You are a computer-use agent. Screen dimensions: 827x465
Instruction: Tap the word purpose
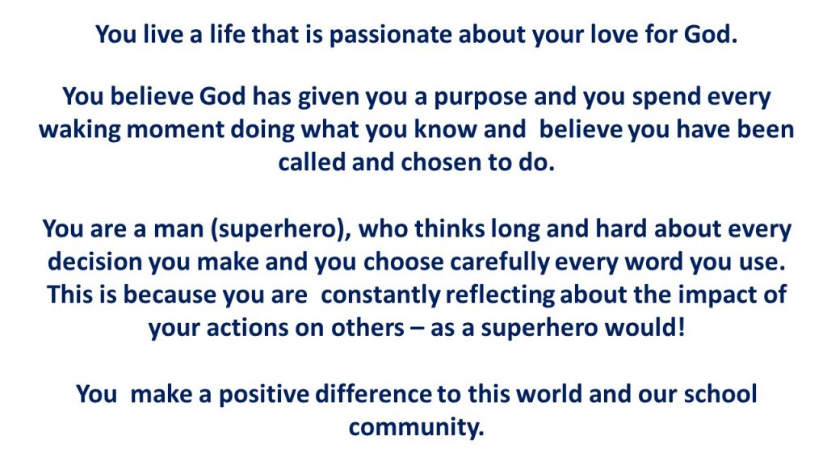[481, 98]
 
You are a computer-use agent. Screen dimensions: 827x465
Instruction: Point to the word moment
[175, 130]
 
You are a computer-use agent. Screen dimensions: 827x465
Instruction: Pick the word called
[313, 162]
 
